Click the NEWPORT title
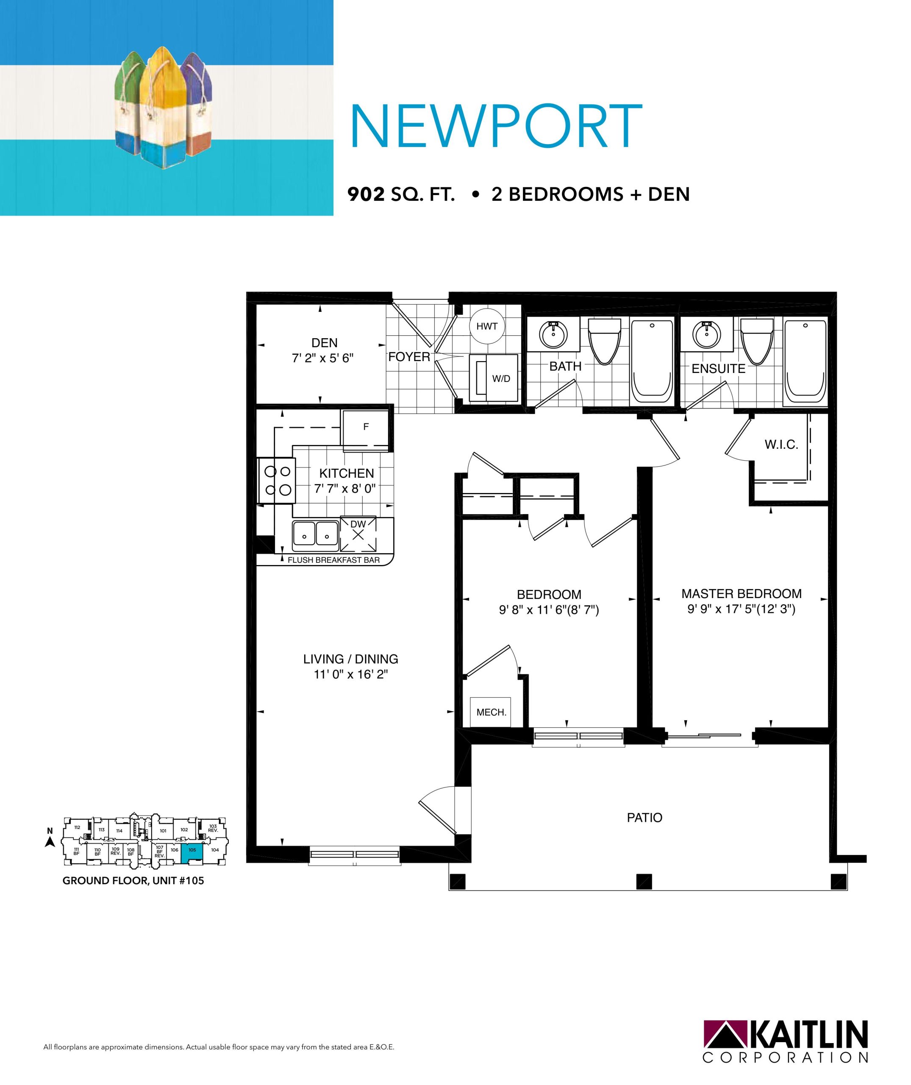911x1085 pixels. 496,125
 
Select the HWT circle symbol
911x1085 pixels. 486,326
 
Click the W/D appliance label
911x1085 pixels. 501,379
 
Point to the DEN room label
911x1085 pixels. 324,342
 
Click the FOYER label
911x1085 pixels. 409,356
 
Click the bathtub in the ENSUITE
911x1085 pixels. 805,362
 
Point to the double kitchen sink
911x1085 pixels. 316,536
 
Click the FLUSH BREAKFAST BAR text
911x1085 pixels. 333,560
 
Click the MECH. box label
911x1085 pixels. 491,712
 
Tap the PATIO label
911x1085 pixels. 644,818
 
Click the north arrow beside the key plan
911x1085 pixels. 50,842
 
